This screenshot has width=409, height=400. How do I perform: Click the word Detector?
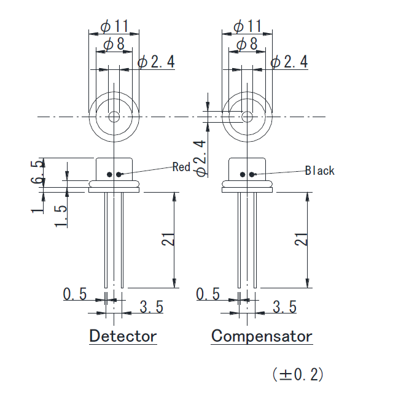pos(123,336)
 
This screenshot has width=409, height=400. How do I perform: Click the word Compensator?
pos(262,336)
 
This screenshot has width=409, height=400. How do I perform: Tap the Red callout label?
pos(181,167)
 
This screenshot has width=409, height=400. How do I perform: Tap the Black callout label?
pos(320,171)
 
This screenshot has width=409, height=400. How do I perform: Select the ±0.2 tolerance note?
pos(298,374)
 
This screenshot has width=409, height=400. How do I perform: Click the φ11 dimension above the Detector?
pos(114,26)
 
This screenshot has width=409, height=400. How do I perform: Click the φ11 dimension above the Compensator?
pos(247,26)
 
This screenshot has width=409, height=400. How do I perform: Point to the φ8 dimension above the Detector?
pos(114,44)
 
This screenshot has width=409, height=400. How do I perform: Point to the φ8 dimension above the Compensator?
pos(247,44)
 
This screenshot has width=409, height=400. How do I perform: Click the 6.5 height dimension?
pos(39,172)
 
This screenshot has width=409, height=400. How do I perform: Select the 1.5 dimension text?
pos(60,216)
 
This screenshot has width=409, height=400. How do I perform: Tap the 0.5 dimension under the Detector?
pos(75,294)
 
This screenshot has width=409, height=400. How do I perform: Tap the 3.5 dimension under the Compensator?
pos(284,307)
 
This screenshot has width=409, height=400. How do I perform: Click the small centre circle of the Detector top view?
pos(114,117)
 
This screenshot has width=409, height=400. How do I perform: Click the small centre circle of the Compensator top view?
pos(247,117)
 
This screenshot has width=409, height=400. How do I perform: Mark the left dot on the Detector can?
pos(110,174)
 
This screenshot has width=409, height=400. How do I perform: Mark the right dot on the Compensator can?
pos(252,174)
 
